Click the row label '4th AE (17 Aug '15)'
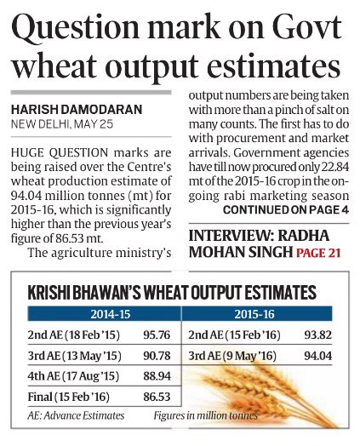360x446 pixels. [x=61, y=376]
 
